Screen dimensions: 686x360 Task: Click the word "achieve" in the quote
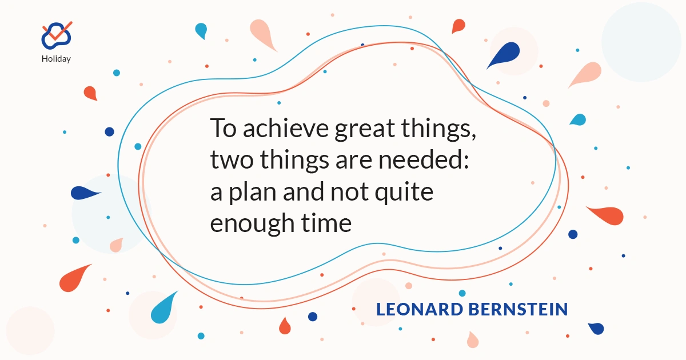pyautogui.click(x=286, y=128)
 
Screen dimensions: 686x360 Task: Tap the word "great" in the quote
pyautogui.click(x=365, y=130)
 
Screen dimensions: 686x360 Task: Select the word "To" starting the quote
pyautogui.click(x=224, y=128)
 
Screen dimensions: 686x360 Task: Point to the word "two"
pyautogui.click(x=232, y=161)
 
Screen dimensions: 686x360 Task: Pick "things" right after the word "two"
pyautogui.click(x=294, y=161)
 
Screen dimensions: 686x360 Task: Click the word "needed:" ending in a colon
pyautogui.click(x=424, y=159)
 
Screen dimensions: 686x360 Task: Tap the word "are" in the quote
pyautogui.click(x=354, y=161)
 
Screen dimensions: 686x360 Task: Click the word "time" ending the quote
pyautogui.click(x=326, y=222)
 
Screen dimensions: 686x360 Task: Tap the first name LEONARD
pyautogui.click(x=420, y=309)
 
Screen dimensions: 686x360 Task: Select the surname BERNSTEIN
pyautogui.click(x=518, y=309)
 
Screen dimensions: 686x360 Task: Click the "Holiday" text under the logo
pyautogui.click(x=56, y=59)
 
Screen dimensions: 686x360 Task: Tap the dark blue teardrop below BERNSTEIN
pyautogui.click(x=596, y=329)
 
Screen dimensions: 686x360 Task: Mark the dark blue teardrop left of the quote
pyautogui.click(x=85, y=193)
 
